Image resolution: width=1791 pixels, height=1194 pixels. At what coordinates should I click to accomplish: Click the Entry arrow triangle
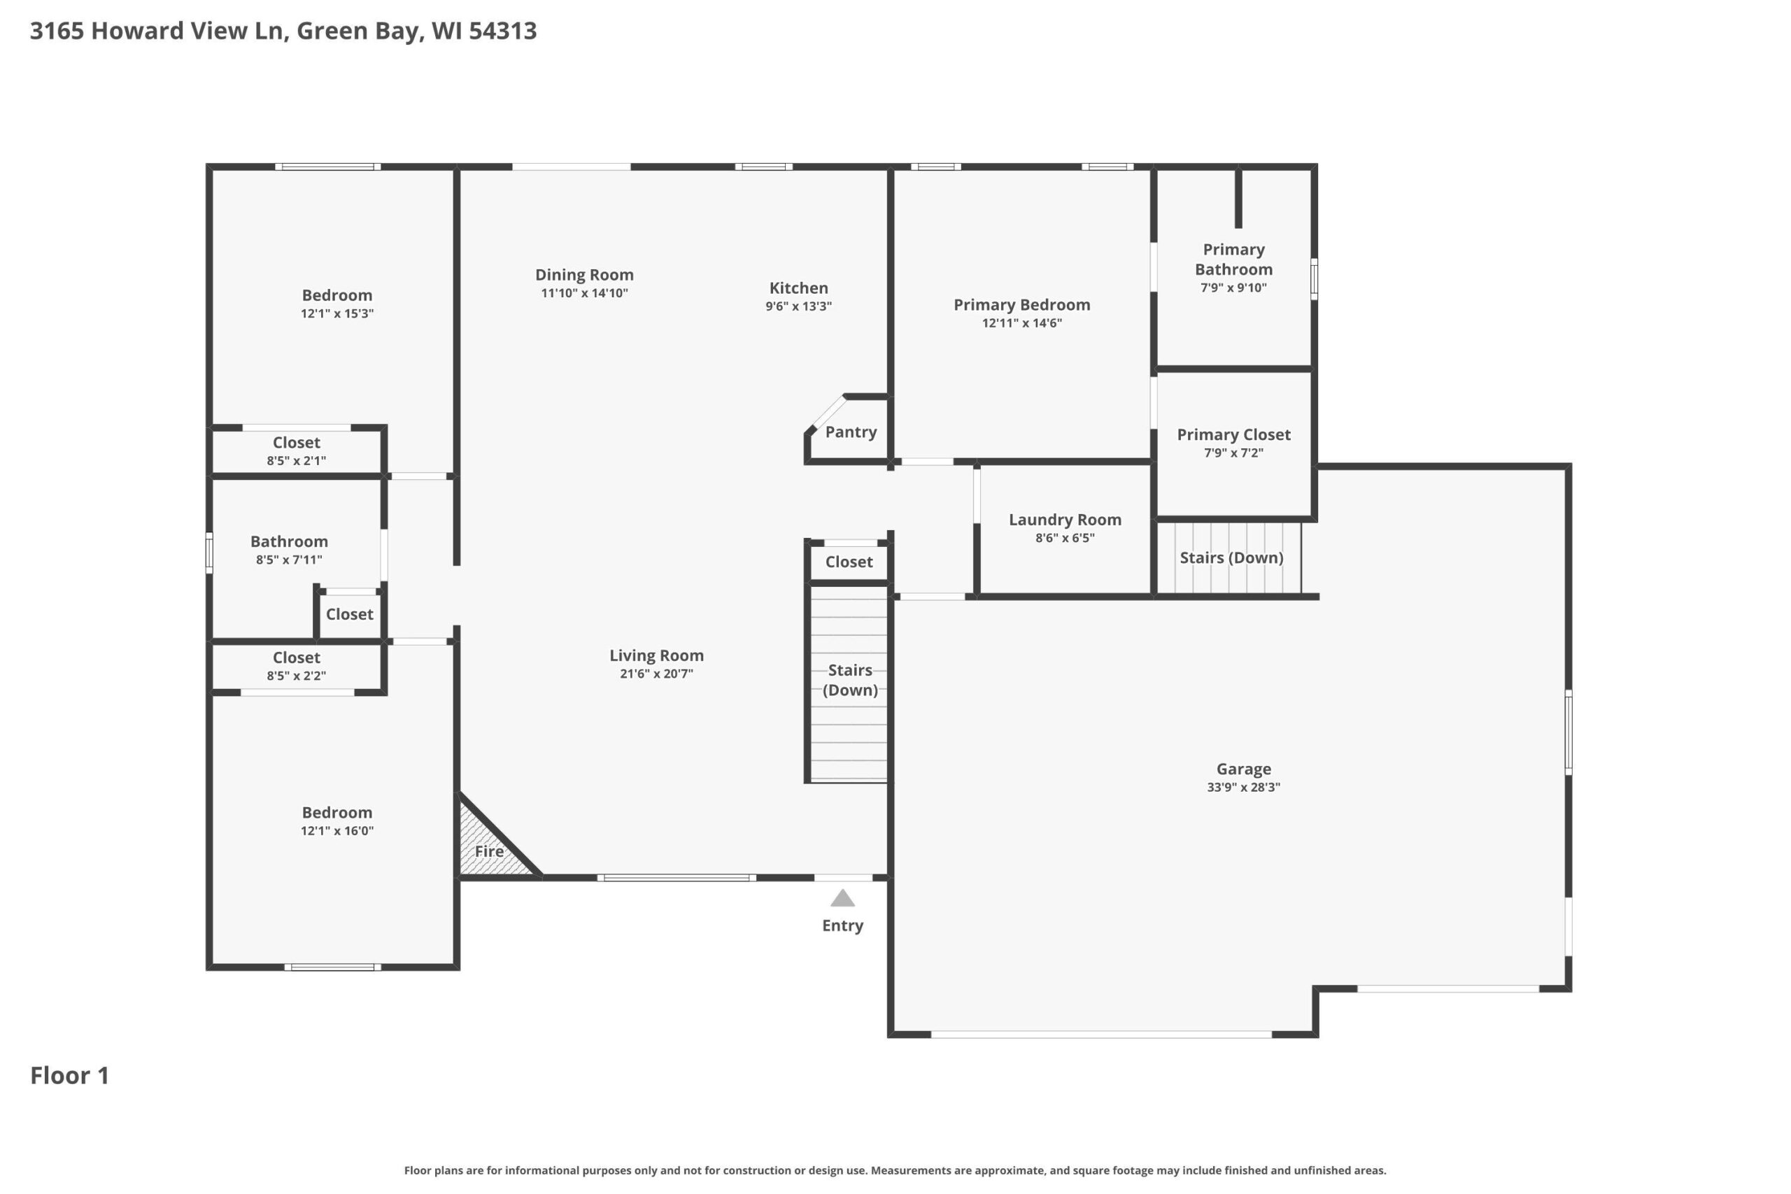[842, 899]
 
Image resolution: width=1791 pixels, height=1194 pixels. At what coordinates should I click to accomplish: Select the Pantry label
[851, 432]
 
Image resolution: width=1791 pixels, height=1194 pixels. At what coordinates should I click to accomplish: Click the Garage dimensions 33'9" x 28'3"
[1243, 788]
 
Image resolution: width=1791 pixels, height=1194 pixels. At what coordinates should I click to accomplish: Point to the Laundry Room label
[1065, 519]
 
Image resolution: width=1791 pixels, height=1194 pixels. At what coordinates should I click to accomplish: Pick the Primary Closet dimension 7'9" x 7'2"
[1233, 453]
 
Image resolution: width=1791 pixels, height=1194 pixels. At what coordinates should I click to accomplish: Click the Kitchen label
[799, 288]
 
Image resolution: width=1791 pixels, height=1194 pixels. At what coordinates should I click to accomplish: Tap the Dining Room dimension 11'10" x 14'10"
[584, 293]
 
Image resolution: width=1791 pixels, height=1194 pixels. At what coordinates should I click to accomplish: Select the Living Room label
[656, 655]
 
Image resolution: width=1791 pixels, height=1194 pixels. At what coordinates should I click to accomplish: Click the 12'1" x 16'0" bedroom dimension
[337, 831]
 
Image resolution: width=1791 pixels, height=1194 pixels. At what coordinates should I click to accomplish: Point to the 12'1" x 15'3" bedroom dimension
[337, 314]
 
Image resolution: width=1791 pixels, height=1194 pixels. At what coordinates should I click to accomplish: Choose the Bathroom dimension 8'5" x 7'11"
[289, 560]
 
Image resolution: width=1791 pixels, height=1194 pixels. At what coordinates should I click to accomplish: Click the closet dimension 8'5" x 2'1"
[296, 461]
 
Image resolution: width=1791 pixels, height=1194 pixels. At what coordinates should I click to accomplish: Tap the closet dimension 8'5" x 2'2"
[296, 676]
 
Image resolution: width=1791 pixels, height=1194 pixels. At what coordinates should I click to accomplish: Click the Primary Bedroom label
[1022, 304]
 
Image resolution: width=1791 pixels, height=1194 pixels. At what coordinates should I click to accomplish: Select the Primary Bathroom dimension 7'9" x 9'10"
[1233, 288]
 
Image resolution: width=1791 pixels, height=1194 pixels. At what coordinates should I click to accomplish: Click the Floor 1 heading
[69, 1076]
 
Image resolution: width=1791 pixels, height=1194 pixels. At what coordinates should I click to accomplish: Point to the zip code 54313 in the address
[502, 31]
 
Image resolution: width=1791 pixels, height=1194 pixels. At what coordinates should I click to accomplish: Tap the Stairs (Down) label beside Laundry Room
[1231, 558]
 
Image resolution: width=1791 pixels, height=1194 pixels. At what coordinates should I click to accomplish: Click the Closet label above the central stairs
[849, 562]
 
